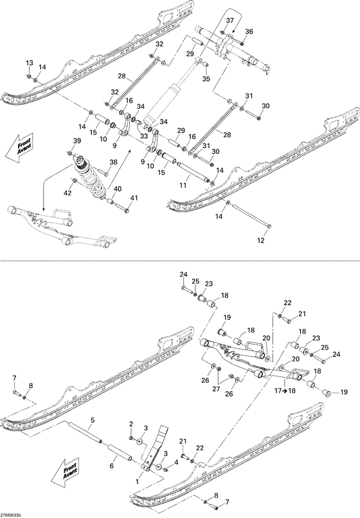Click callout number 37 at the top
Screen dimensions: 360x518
(x=230, y=21)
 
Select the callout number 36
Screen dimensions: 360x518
(x=249, y=32)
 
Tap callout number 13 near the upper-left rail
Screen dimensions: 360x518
(x=30, y=63)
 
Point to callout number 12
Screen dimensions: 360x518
(x=260, y=241)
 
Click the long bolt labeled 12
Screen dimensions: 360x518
(x=250, y=214)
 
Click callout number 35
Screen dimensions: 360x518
(x=206, y=79)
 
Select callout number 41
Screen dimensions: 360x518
(x=134, y=198)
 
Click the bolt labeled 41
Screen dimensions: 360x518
(x=122, y=208)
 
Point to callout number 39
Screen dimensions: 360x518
(x=77, y=141)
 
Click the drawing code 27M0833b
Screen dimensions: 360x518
(x=11, y=515)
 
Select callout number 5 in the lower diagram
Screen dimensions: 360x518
(x=93, y=420)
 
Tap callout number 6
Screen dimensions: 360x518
(x=111, y=466)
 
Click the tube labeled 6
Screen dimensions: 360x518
(x=120, y=452)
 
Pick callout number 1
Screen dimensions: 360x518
(x=138, y=482)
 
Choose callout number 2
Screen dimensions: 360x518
(x=131, y=424)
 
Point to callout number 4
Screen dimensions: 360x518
(x=176, y=462)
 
